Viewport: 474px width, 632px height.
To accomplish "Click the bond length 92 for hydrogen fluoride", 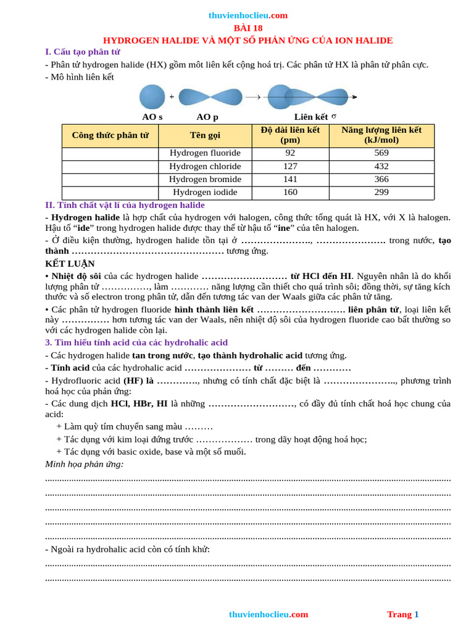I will pyautogui.click(x=290, y=153).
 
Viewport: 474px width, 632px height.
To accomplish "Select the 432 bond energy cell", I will pyautogui.click(x=381, y=166).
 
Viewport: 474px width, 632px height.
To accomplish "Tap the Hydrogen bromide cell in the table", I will pyautogui.click(x=205, y=179).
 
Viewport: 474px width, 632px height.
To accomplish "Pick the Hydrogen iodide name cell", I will pyautogui.click(x=205, y=192).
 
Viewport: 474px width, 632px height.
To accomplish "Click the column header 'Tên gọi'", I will pyautogui.click(x=205, y=135).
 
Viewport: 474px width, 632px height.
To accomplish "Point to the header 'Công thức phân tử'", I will pyautogui.click(x=110, y=135).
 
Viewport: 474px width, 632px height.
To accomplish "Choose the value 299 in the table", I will pyautogui.click(x=381, y=192).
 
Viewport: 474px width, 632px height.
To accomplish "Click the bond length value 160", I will pyautogui.click(x=290, y=192).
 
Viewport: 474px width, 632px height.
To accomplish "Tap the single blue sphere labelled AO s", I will pyautogui.click(x=152, y=97).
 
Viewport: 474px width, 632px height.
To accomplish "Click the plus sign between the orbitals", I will pyautogui.click(x=172, y=97).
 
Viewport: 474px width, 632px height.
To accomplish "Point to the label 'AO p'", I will pyautogui.click(x=207, y=117).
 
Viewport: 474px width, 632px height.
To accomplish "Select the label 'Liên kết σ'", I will pyautogui.click(x=315, y=117).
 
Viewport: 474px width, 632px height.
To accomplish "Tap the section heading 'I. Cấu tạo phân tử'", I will pyautogui.click(x=83, y=52).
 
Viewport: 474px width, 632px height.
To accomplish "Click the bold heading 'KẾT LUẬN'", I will pyautogui.click(x=70, y=264).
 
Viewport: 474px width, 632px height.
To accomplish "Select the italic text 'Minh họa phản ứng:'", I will pyautogui.click(x=85, y=464).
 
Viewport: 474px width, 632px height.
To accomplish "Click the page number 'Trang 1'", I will pyautogui.click(x=402, y=614).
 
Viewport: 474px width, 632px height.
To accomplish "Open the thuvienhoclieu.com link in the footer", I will pyautogui.click(x=268, y=614).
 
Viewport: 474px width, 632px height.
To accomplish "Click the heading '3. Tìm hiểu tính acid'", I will pyautogui.click(x=136, y=342).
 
